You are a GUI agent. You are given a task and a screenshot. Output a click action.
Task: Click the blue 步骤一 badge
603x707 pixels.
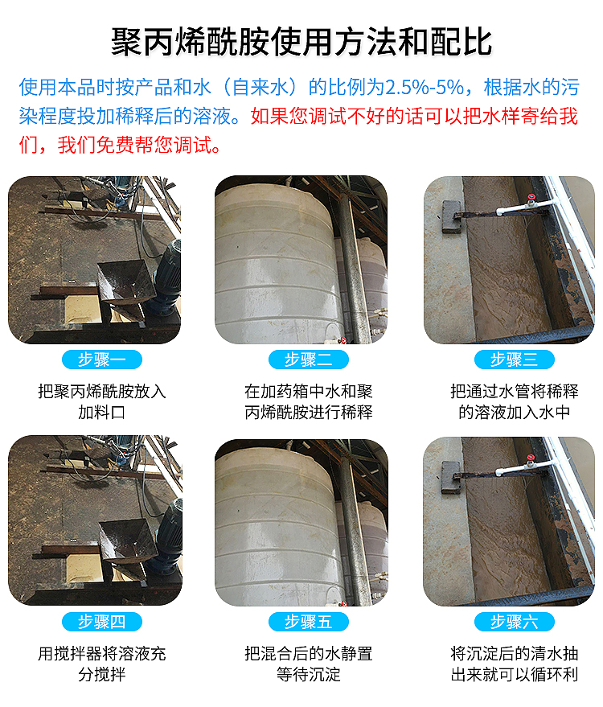point(102,360)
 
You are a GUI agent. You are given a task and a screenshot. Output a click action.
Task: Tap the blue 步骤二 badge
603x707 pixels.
point(308,360)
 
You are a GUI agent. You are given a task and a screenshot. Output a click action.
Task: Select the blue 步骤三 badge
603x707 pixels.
point(515,360)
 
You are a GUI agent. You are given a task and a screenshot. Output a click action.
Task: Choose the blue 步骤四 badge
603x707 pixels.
point(102,622)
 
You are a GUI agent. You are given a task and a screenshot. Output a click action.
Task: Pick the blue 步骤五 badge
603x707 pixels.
point(308,622)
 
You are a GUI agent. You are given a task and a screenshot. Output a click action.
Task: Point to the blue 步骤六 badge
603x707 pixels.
point(515,622)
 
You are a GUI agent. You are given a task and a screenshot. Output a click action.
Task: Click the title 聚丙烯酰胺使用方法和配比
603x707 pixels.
point(301,42)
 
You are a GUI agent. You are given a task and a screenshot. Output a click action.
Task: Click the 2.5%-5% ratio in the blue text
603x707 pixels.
point(425,88)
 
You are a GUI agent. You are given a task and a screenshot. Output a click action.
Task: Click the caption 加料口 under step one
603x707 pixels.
point(102,412)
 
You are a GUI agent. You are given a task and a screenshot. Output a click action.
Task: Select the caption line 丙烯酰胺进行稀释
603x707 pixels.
point(309,412)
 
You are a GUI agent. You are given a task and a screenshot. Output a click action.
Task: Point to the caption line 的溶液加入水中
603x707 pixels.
point(515,412)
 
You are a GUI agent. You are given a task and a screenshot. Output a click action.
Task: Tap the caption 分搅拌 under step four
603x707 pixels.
point(102,675)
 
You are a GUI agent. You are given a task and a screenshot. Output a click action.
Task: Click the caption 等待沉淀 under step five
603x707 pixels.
point(309,675)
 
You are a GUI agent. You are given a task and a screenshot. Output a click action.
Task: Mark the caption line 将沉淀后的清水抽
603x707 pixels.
point(515,653)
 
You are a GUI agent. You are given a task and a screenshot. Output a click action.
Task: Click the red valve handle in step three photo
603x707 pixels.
point(531,197)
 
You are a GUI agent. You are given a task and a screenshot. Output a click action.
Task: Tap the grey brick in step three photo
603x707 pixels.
point(451,216)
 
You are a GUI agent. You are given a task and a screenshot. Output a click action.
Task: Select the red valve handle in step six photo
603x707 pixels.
point(531,458)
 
